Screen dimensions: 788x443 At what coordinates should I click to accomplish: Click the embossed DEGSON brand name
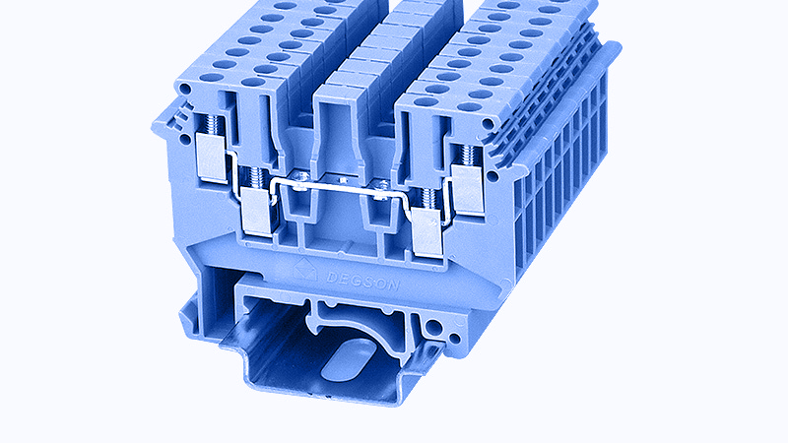(x=362, y=281)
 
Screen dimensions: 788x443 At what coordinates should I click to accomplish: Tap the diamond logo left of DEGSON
(x=305, y=270)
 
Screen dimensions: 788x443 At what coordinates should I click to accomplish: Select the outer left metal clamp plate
(x=211, y=158)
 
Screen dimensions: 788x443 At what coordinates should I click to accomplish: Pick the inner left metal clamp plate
(x=257, y=212)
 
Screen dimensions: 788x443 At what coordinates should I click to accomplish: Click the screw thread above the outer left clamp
(x=213, y=124)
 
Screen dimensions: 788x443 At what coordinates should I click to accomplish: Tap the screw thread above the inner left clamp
(x=256, y=177)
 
